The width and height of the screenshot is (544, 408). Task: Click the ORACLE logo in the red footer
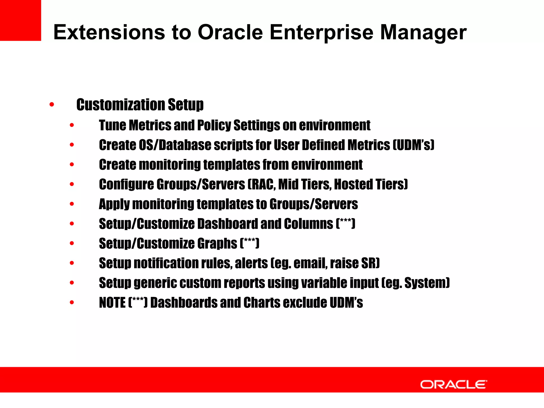click(453, 384)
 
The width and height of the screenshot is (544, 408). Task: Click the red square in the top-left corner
click(20, 20)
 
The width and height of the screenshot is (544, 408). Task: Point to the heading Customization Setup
click(140, 105)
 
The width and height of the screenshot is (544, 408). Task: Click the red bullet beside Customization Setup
click(52, 105)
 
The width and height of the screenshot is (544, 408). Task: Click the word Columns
click(308, 224)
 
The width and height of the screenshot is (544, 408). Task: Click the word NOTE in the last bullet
click(112, 303)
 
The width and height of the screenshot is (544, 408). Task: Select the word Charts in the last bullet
click(262, 303)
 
